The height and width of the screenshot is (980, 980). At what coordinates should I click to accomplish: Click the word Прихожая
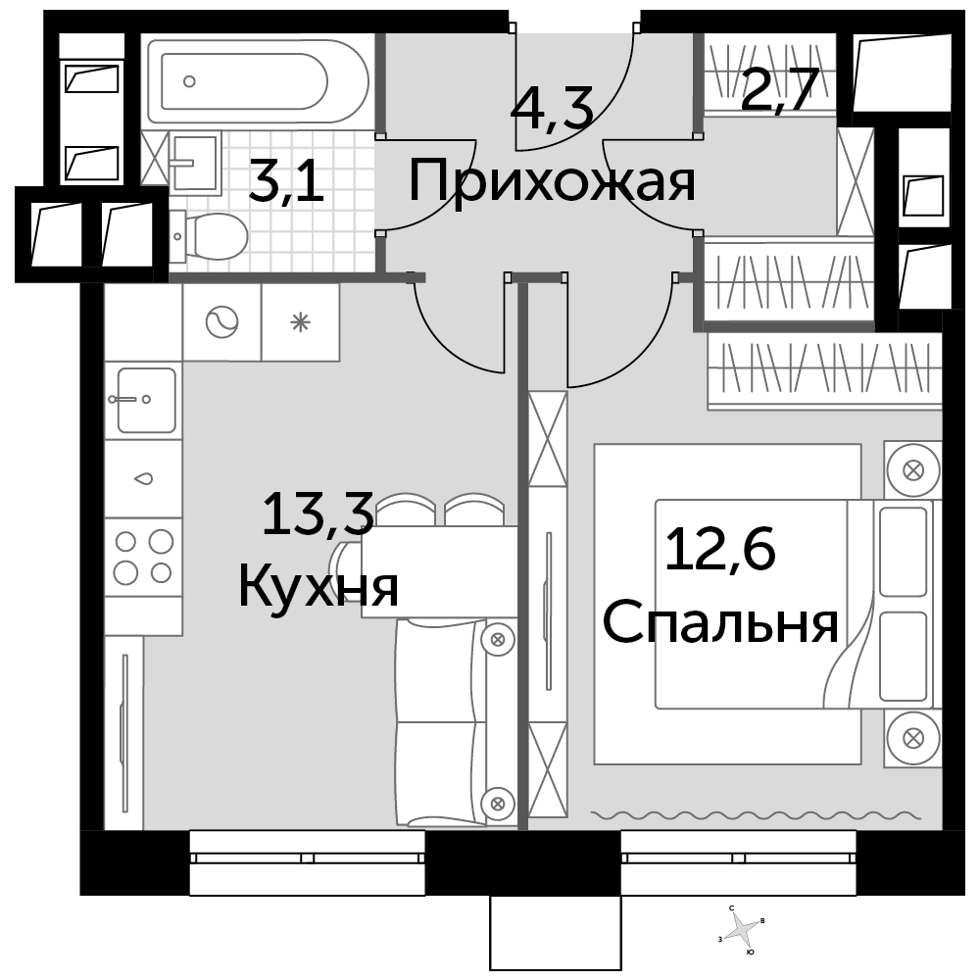[551, 182]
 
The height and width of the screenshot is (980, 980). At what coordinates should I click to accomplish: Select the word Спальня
[720, 622]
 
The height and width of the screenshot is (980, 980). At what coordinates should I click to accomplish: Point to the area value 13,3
[318, 514]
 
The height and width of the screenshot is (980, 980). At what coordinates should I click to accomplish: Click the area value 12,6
[720, 549]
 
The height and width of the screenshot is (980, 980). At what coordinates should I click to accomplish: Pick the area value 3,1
[286, 180]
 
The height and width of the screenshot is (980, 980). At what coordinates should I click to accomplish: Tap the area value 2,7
[779, 89]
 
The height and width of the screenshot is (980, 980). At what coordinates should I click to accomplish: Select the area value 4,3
[551, 108]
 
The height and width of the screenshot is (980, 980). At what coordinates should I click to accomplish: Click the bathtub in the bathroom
[258, 81]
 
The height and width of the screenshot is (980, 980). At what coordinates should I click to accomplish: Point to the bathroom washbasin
[194, 162]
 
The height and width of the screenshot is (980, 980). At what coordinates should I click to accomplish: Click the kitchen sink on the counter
[146, 400]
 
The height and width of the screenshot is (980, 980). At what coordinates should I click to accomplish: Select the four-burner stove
[143, 557]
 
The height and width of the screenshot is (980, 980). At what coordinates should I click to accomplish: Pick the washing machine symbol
[221, 322]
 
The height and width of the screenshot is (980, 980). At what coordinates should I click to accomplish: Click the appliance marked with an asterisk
[301, 322]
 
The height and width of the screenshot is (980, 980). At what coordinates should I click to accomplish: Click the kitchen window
[307, 862]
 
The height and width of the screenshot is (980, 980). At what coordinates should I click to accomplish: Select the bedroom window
[738, 862]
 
